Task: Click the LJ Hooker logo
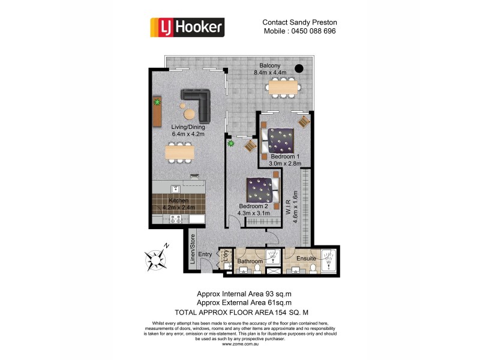187,26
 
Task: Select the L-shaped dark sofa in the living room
199,103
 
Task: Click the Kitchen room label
179,200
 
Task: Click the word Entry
205,254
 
